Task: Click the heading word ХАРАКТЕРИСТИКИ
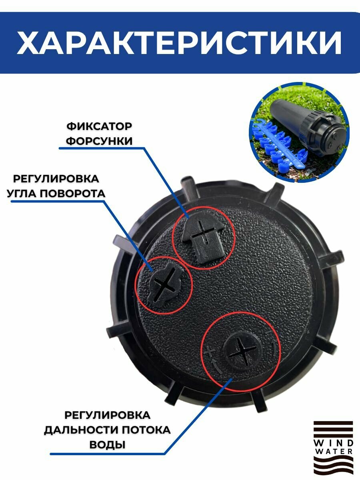[179, 43]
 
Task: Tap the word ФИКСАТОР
[99, 126]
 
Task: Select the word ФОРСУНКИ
[99, 141]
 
